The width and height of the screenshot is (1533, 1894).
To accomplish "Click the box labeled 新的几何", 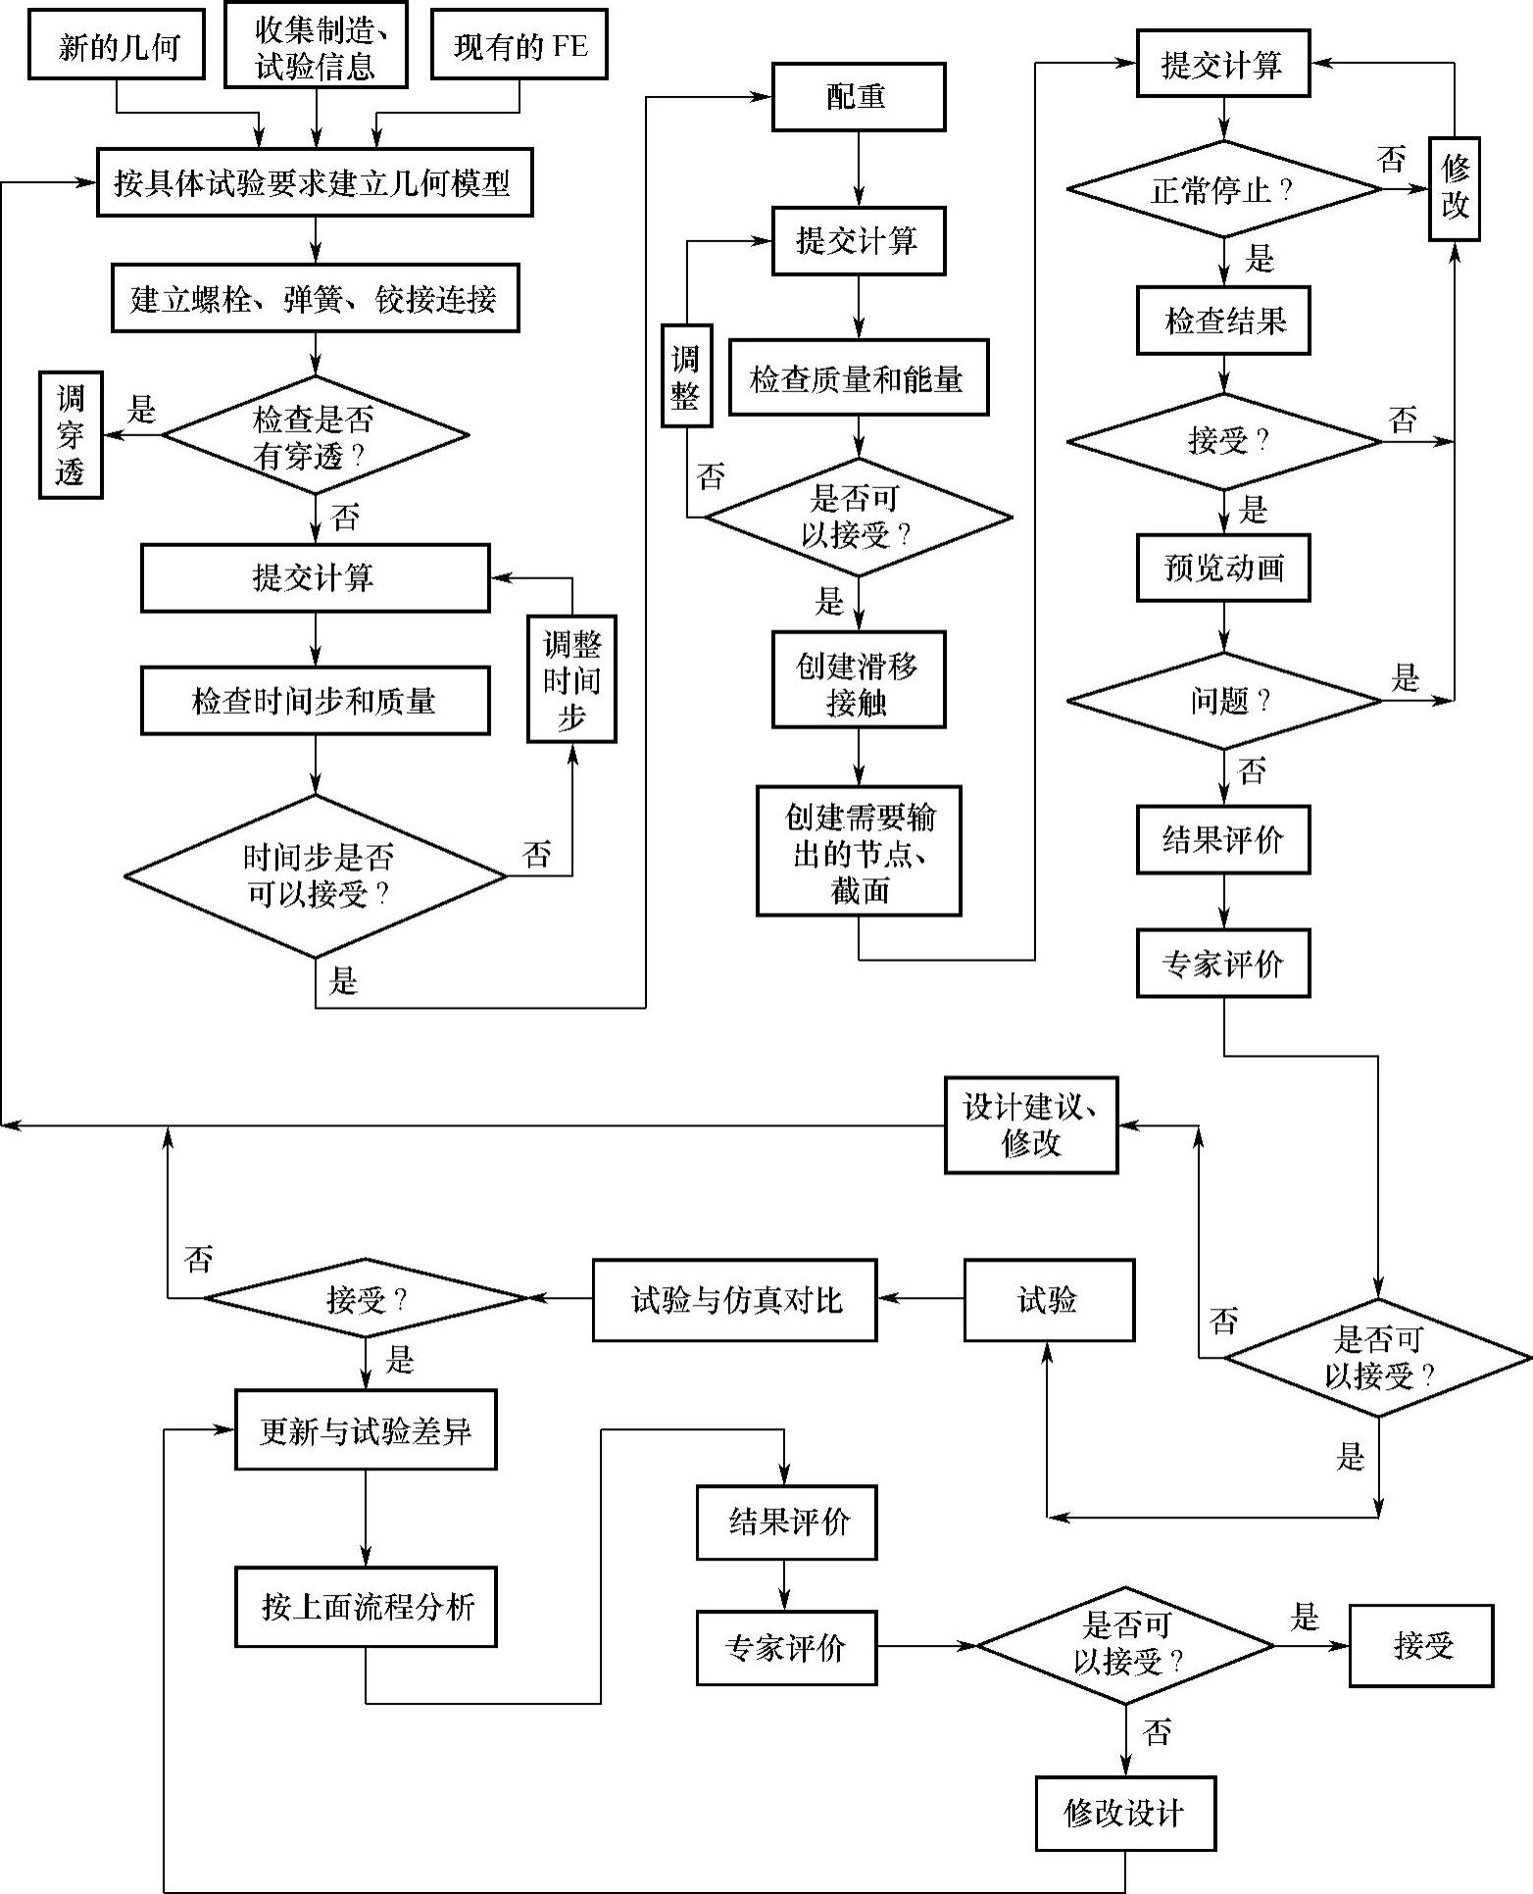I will pos(117,46).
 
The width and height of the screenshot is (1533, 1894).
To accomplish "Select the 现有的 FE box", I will pos(519,46).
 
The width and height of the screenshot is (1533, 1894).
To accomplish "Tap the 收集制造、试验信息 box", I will pos(316,46).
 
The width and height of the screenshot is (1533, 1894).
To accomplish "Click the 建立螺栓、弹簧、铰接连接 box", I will pos(315,299).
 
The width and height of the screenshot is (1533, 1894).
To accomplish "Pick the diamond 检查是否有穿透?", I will pos(315,435).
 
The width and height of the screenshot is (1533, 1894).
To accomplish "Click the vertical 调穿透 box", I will pos(71,435).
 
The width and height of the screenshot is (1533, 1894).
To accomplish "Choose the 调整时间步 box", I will pos(571,679).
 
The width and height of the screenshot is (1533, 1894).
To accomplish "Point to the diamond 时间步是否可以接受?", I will pos(316,875).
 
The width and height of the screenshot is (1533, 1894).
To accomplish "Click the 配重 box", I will pos(859,97).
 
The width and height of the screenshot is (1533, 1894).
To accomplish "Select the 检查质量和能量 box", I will pos(859,378).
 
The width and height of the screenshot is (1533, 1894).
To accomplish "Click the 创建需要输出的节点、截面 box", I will pos(859,851).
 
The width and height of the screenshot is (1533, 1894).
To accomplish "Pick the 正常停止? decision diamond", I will pos(1223,189).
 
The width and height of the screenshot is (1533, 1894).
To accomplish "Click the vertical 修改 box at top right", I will pos(1455,189).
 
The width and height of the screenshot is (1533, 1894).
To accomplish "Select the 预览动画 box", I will pos(1223,568).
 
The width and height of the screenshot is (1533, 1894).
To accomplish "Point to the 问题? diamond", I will pos(1223,701).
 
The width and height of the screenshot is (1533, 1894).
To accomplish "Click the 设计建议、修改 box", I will pos(1031,1125).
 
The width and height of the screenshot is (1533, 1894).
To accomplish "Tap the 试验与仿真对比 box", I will pos(735,1300).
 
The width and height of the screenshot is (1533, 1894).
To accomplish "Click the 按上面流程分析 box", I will pos(366,1607).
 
